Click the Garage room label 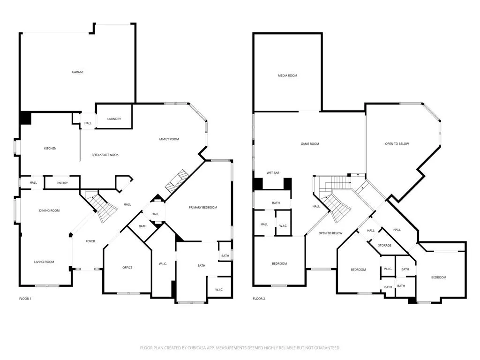pos(78,72)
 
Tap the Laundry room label pos(114,119)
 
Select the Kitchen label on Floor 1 pos(50,149)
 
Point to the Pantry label pos(62,183)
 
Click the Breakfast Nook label pos(105,155)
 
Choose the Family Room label pos(169,139)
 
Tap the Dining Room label pos(49,211)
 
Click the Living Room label pos(44,262)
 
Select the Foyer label pos(90,241)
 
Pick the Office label pos(127,268)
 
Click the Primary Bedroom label pos(203,207)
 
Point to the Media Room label pos(287,75)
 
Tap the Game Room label pos(309,144)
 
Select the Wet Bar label pos(273,173)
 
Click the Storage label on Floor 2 pos(384,245)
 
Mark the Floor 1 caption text pos(25,299)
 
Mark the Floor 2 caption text pos(259,299)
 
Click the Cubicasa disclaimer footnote pos(240,348)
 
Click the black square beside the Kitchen pos(25,118)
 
